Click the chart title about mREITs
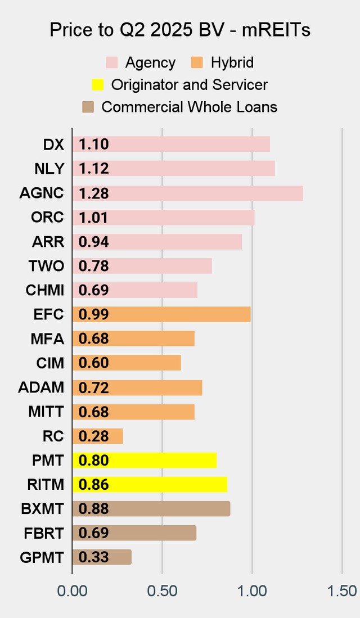[180, 30]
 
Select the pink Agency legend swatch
[112, 62]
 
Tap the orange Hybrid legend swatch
[198, 62]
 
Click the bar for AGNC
[187, 193]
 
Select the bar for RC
[97, 436]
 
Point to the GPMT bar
[102, 557]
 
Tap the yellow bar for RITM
[150, 485]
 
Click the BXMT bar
[151, 509]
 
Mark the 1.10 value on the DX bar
[93, 145]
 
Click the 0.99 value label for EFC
[93, 314]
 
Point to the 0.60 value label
[93, 363]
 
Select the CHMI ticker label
[45, 291]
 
